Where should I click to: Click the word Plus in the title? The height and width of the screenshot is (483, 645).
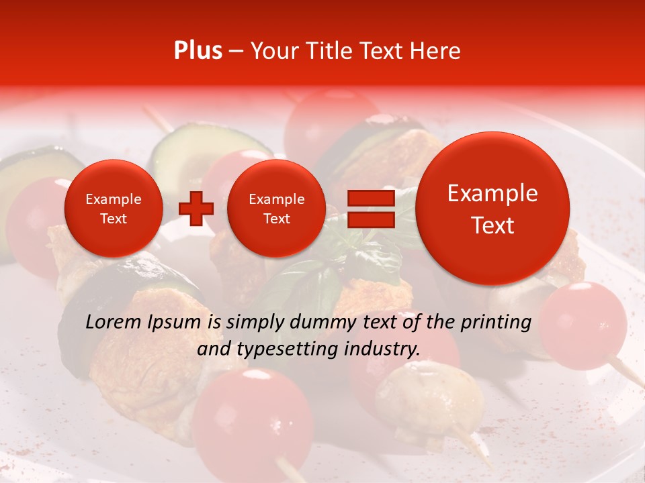click(x=198, y=51)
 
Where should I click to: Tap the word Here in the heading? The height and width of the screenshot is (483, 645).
click(x=435, y=51)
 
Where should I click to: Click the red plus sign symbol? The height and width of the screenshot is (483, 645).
click(x=196, y=209)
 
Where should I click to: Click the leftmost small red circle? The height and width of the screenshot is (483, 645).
click(x=114, y=209)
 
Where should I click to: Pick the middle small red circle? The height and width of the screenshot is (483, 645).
click(x=276, y=209)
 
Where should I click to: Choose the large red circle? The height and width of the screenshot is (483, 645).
click(x=492, y=209)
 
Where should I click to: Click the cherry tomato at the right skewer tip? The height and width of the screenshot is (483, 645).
click(x=583, y=325)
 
